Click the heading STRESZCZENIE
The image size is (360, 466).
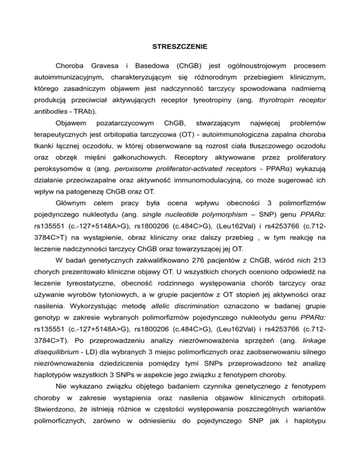click(180, 47)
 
